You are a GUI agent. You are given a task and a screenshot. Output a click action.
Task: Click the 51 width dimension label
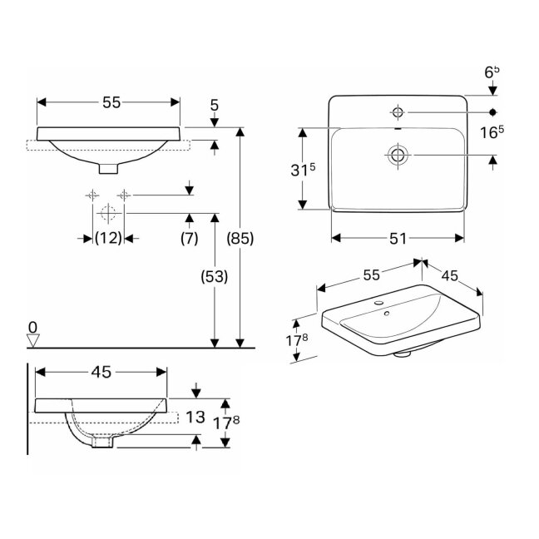coord(398,238)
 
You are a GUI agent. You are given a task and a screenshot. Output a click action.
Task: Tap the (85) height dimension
coord(240,238)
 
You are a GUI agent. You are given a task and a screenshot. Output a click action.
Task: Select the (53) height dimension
coord(214,277)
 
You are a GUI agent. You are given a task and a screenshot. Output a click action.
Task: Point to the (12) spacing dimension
coord(108,238)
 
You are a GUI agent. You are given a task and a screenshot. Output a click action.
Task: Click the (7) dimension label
coord(190,238)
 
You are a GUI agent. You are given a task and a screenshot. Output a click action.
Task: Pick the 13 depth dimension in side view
coord(195,417)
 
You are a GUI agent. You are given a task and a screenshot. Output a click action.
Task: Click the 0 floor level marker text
coord(32,328)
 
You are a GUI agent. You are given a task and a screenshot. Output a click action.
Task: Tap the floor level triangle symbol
coord(33,340)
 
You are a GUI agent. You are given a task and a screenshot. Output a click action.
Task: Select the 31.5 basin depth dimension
coord(303,170)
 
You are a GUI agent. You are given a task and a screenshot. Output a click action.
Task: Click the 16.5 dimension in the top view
coord(492,132)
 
